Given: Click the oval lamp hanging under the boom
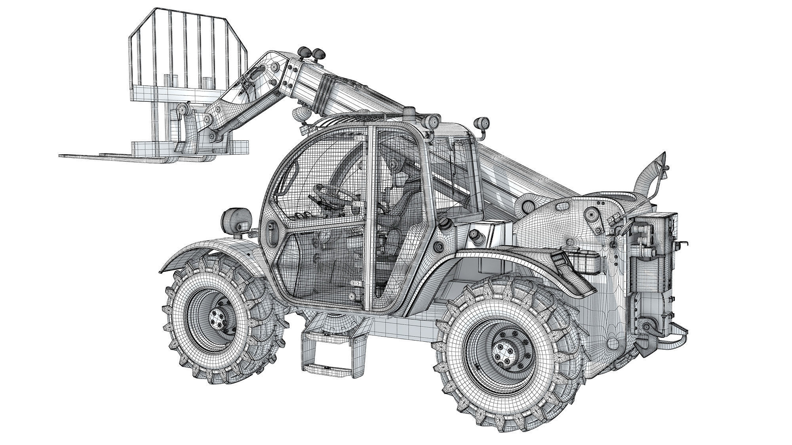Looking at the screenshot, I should [302, 115].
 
